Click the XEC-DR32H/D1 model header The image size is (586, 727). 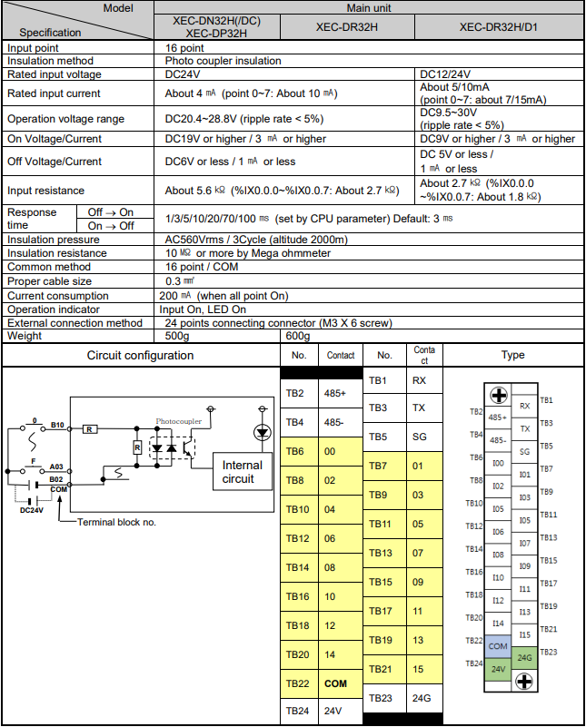point(499,27)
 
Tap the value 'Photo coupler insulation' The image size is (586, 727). point(223,61)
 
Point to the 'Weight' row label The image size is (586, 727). point(25,336)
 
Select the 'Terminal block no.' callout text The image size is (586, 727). point(116,522)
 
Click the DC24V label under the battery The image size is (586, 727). point(32,510)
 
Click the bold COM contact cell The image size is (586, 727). point(336,683)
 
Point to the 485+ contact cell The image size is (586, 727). point(336,394)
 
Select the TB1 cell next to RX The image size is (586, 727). point(380,380)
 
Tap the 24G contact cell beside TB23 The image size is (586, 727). point(421,697)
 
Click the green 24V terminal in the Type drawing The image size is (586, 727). point(498,669)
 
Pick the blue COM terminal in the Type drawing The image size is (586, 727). point(498,646)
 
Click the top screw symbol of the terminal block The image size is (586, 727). point(499,395)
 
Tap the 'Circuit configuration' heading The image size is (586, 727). point(140,355)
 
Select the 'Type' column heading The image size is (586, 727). point(512,355)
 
